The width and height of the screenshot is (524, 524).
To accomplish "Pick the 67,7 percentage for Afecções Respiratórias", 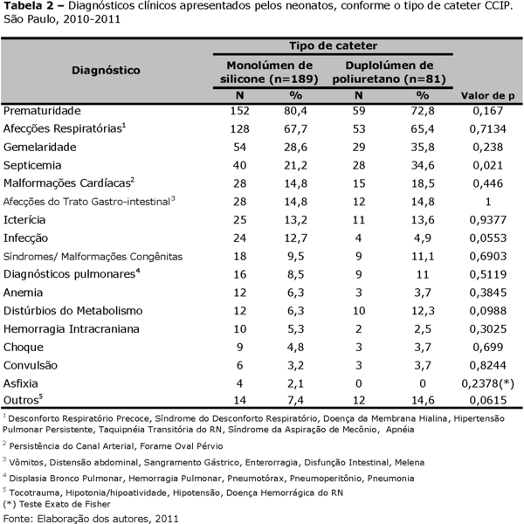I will click(x=296, y=129).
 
